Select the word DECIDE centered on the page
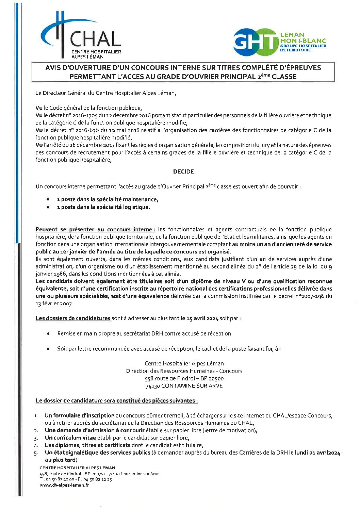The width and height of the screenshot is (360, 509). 183,172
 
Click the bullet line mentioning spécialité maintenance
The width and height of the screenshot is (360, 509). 107,199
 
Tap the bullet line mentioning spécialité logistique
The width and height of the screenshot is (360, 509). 103,207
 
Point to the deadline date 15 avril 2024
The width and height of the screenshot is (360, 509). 199,318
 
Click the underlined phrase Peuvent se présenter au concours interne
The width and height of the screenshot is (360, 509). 95,230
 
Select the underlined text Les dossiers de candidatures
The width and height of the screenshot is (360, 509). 73,318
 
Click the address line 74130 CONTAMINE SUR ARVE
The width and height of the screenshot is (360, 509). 184,386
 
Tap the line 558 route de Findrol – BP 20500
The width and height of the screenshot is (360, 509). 184,378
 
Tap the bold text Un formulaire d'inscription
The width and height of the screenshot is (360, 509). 79,415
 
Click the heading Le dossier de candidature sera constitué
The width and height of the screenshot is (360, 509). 116,401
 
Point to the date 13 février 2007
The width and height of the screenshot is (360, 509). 54,303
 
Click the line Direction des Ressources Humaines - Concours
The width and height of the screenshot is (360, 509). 184,371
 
